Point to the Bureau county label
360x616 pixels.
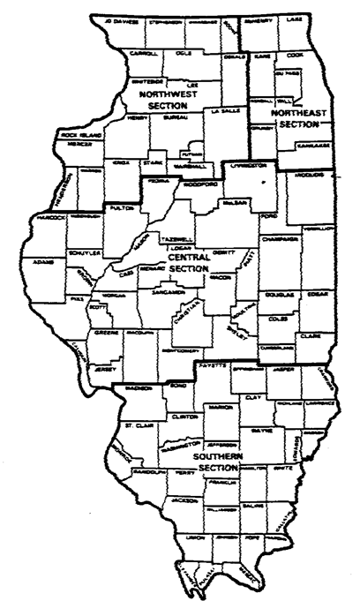pos(170,116)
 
